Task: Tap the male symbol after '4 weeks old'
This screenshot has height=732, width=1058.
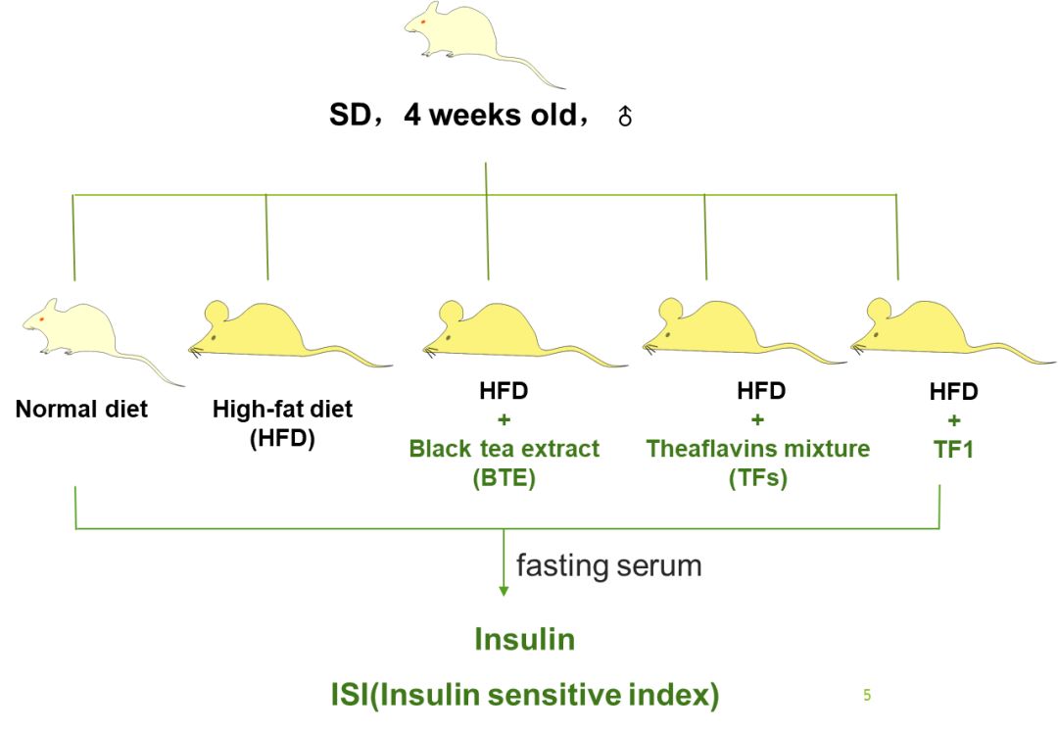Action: point(625,118)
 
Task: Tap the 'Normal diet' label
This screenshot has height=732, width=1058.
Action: point(81,409)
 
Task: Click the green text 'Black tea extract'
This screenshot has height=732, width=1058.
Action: point(505,449)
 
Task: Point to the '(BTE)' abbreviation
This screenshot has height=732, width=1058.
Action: point(505,479)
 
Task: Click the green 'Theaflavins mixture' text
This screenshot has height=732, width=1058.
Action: point(757,449)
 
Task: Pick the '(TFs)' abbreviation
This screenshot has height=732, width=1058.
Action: point(757,479)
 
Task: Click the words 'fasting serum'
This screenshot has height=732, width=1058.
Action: point(608,565)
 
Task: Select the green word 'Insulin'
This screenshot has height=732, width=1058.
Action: point(524,640)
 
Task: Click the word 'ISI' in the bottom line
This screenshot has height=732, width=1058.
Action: point(353,695)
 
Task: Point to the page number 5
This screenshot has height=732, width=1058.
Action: point(867,696)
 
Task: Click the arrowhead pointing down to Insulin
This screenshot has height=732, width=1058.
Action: point(504,590)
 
